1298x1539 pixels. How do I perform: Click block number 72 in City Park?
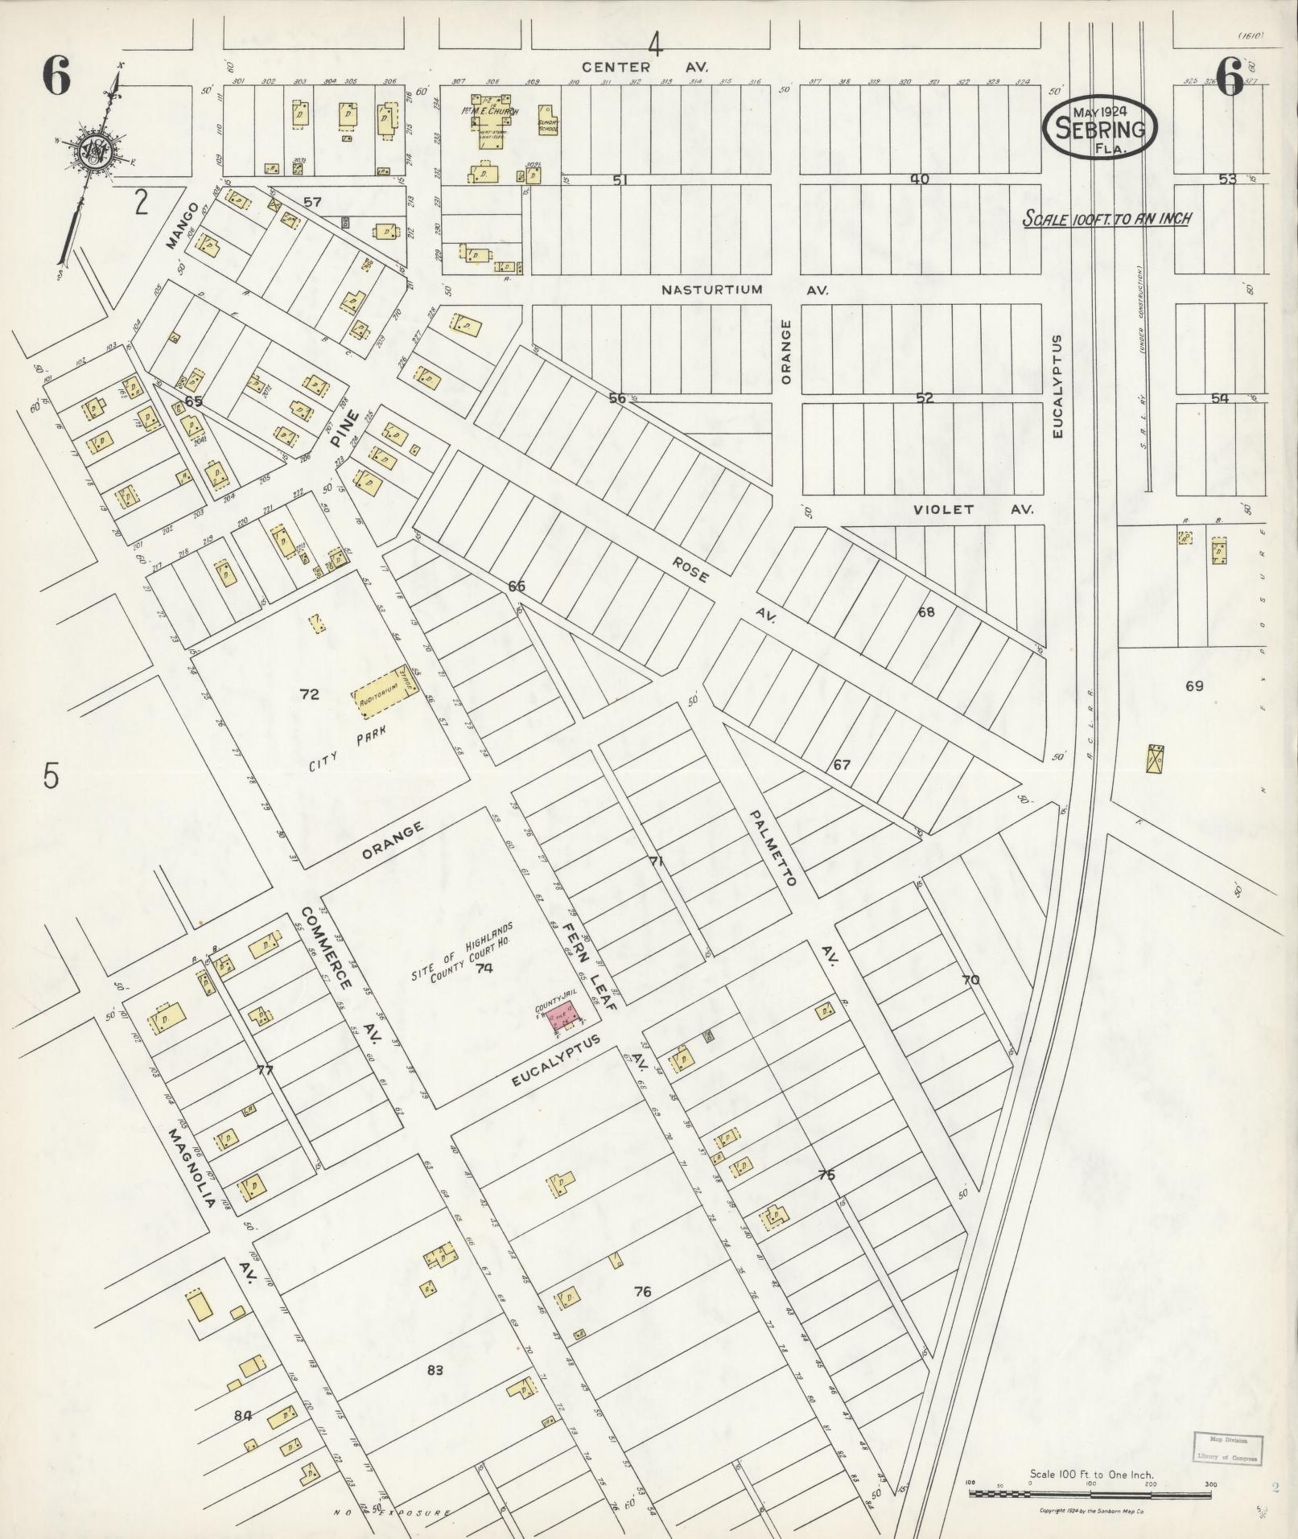click(309, 694)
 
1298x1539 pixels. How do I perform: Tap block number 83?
click(435, 1370)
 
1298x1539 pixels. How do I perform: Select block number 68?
click(926, 612)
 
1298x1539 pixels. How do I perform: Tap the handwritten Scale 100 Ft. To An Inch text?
click(1106, 218)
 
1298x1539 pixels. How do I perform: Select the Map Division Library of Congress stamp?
click(1227, 1449)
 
